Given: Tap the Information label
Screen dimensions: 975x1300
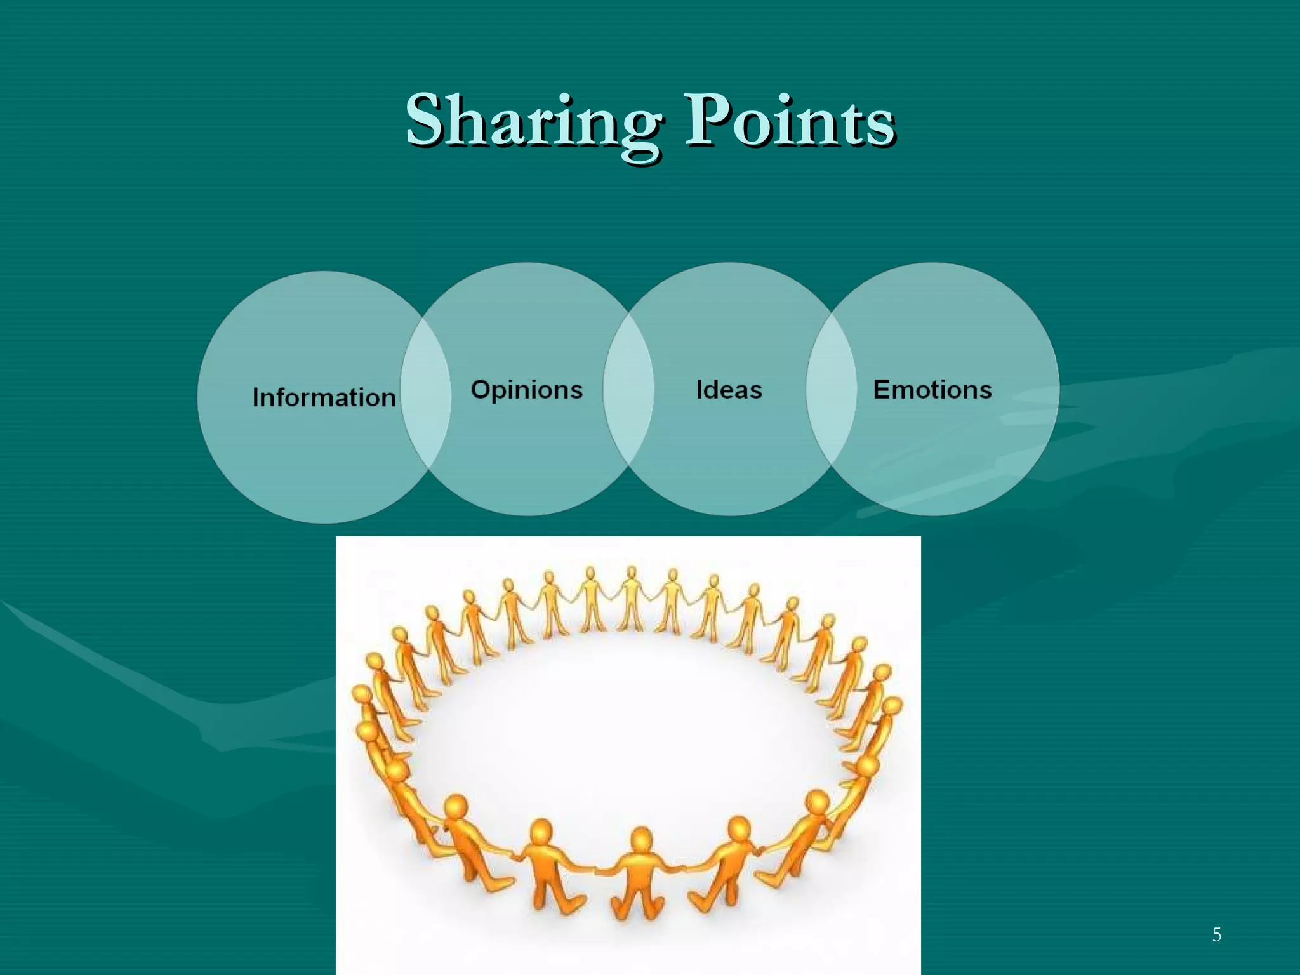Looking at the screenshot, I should click(x=324, y=397).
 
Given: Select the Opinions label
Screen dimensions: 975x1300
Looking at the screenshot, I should click(x=526, y=390).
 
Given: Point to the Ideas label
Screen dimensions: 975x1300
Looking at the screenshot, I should click(x=729, y=390).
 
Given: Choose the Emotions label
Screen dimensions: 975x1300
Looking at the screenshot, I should click(x=932, y=390).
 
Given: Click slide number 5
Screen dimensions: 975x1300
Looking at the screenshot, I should click(x=1216, y=934).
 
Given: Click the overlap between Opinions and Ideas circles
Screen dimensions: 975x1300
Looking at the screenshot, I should click(x=628, y=390).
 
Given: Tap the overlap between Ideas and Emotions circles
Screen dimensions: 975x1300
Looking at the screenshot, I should click(x=831, y=390).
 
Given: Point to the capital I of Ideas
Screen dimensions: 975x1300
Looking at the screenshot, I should click(x=700, y=390).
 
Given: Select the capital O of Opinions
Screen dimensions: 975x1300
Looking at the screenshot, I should click(x=481, y=389).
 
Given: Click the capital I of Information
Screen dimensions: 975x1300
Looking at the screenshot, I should click(x=256, y=397).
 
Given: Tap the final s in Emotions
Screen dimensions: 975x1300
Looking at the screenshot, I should click(x=985, y=391).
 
